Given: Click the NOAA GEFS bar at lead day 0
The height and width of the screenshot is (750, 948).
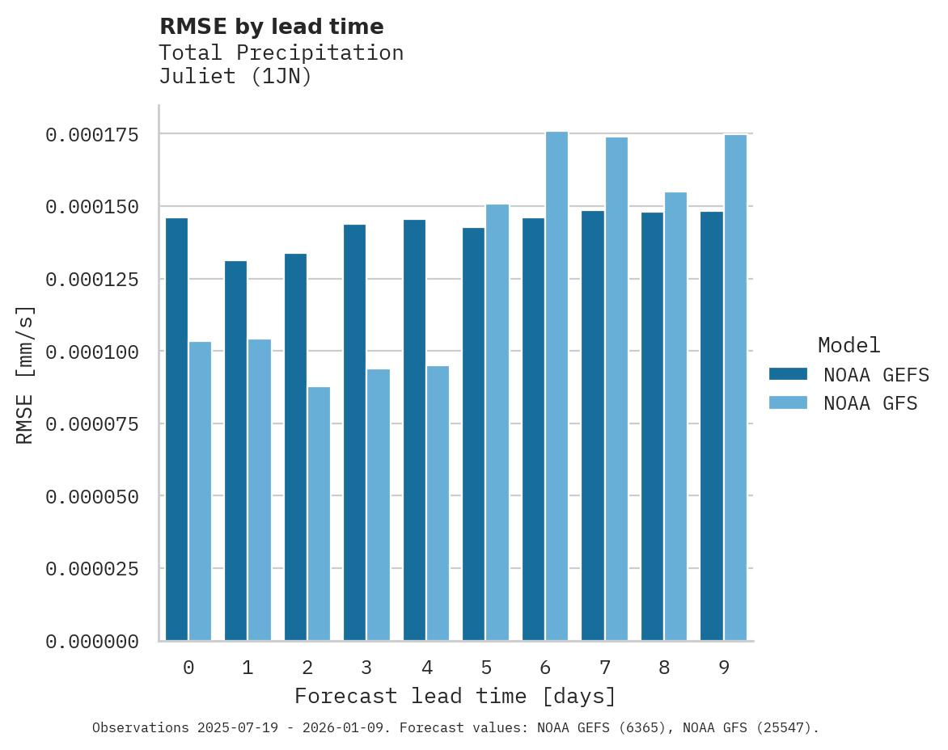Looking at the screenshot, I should coord(176,429).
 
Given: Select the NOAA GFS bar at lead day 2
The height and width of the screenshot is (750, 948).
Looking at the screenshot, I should coord(319,514).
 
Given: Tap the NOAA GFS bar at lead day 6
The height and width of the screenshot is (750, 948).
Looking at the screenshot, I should coord(557,386).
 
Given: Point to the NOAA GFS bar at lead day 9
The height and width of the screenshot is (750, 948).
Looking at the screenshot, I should coord(735,388).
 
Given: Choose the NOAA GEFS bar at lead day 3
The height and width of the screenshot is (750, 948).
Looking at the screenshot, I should coord(355,432).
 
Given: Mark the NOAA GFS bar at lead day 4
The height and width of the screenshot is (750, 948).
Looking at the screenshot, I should coord(438,504).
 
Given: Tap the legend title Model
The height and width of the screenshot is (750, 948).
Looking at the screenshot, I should coord(849,345).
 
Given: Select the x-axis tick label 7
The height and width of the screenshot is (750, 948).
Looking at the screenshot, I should coord(604,668).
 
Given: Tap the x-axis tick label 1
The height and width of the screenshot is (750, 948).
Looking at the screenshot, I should coord(248,668).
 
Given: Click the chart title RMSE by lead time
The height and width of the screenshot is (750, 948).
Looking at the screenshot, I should coord(272,27).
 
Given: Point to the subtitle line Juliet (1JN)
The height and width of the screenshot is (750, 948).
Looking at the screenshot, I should coord(235,77).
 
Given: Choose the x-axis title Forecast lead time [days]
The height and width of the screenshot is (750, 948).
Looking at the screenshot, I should coord(455,696).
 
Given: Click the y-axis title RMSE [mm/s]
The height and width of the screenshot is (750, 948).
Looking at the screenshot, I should coord(25,375).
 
